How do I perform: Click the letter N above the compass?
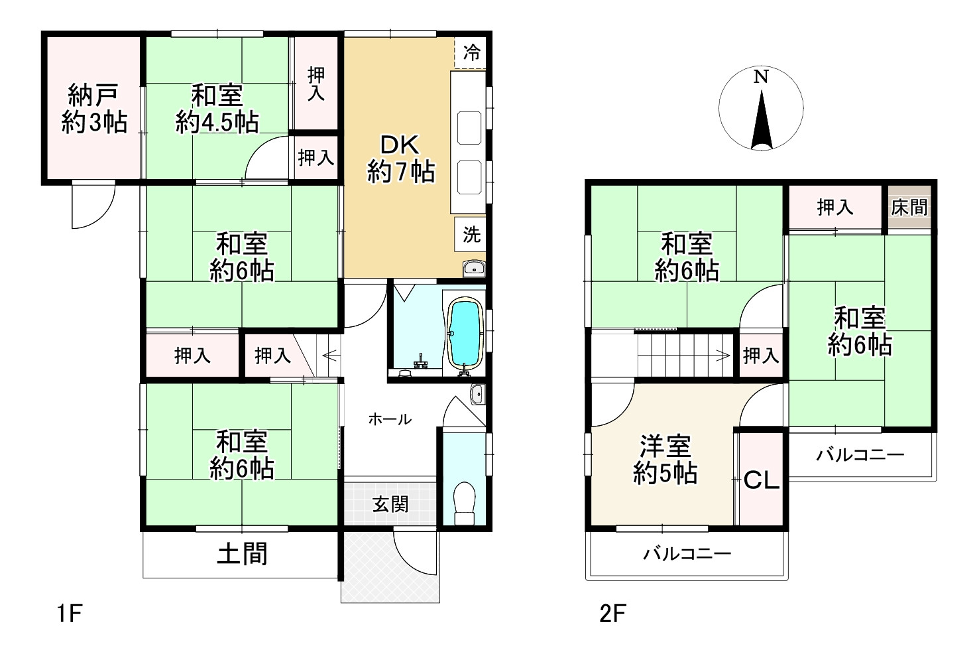coord(761,77)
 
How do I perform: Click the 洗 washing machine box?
coord(471,234)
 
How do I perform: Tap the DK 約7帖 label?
coord(400,159)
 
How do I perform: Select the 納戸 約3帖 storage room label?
coord(93,109)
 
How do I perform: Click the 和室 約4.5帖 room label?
coord(217,109)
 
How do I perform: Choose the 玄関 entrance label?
coord(390,504)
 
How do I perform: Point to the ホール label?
coord(389,419)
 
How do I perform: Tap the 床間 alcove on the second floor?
coord(909,208)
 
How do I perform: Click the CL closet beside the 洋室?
coord(761,480)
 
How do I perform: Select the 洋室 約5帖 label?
coord(665,459)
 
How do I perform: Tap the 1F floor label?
coord(68,614)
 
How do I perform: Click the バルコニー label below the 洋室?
coord(687,553)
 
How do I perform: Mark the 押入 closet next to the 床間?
coord(835,208)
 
